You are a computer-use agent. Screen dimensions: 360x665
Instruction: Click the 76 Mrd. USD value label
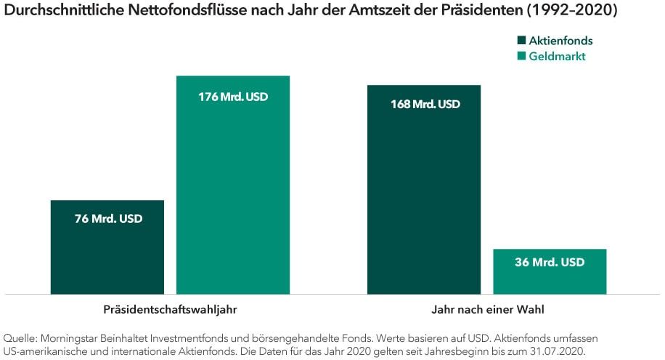coord(108,218)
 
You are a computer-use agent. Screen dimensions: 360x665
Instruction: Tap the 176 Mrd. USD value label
coord(233,96)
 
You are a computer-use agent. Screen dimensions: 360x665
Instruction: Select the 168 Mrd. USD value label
coord(425,105)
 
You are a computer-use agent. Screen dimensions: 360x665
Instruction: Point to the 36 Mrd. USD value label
coord(550,263)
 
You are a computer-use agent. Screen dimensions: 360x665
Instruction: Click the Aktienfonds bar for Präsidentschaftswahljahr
coord(107,254)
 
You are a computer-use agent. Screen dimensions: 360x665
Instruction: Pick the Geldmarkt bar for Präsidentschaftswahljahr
coord(233,196)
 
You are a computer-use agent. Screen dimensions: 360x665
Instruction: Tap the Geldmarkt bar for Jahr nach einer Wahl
coord(550,279)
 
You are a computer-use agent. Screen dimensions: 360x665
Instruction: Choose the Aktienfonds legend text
coord(560,41)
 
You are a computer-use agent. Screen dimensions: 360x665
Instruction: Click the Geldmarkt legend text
coord(557,57)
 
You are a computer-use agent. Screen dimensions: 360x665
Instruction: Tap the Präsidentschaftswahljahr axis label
coord(170,310)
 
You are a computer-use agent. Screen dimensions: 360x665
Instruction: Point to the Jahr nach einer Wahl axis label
coord(486,310)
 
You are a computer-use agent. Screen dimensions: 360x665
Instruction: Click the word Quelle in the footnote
coord(20,338)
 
